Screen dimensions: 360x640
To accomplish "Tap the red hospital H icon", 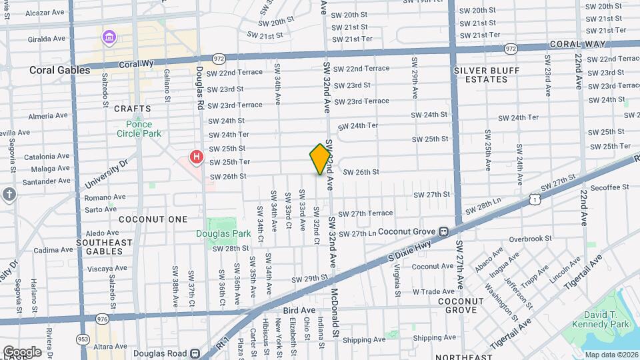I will (x=197, y=157).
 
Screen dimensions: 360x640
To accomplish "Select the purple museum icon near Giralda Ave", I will (x=109, y=37).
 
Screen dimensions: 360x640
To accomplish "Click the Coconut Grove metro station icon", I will (x=442, y=231).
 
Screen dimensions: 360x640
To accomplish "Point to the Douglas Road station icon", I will (x=195, y=354).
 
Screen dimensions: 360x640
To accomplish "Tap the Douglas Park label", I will (x=223, y=233).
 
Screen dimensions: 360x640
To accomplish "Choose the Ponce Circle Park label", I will (x=139, y=129).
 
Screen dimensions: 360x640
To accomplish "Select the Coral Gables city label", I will (x=59, y=70).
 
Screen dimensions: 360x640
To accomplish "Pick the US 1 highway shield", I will (x=534, y=199).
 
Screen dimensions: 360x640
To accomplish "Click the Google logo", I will (x=22, y=351).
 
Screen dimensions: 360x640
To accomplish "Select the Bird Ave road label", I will (x=299, y=310).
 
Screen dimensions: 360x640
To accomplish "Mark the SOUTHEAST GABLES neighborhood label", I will (x=104, y=247).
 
